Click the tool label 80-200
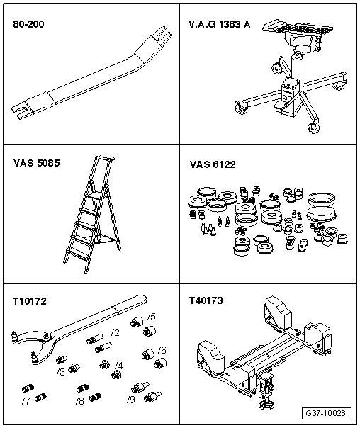(x=28, y=23)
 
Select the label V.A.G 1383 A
(x=219, y=23)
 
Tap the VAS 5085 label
(x=36, y=162)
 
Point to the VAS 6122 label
(x=213, y=164)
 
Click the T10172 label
(x=29, y=301)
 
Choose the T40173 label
(x=206, y=301)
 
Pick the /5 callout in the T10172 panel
(x=152, y=317)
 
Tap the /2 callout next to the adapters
(x=115, y=332)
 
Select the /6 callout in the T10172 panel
(x=162, y=350)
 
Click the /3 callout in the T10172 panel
(x=61, y=371)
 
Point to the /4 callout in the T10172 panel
(x=118, y=366)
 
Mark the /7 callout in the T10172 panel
(x=26, y=401)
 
